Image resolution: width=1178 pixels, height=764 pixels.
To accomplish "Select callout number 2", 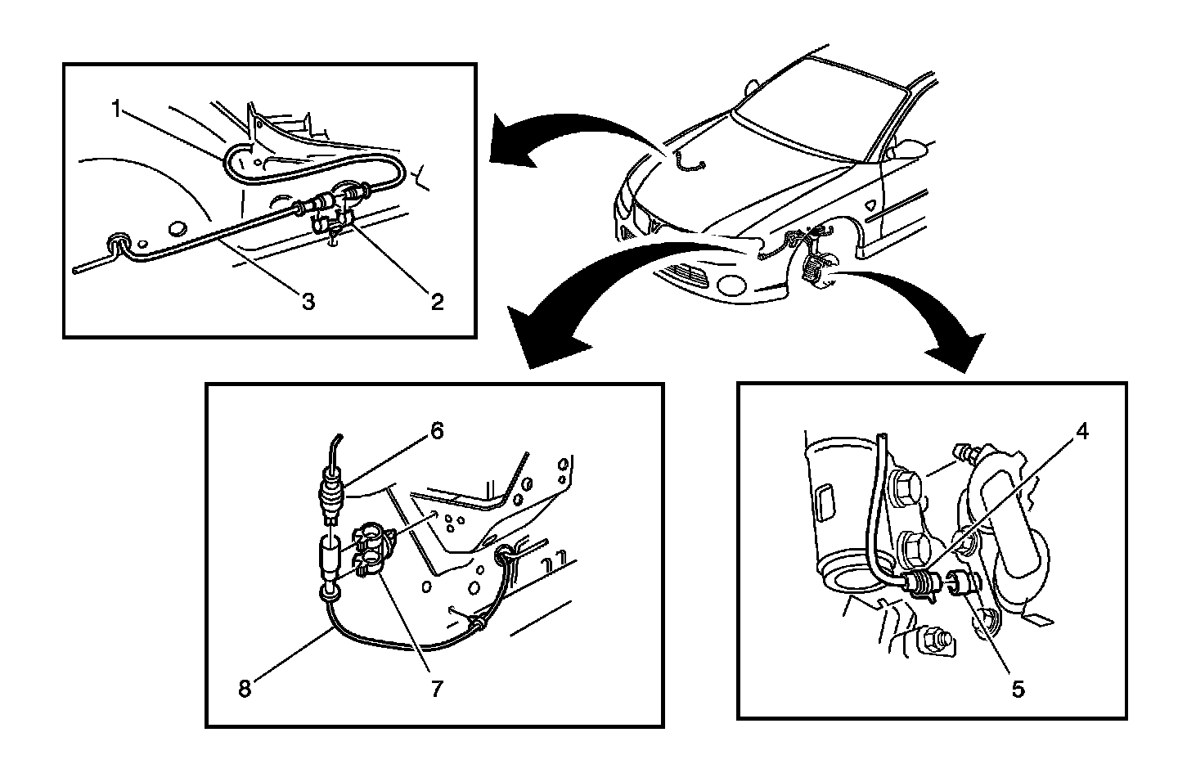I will (x=437, y=302).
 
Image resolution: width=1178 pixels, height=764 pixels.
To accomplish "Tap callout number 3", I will (x=308, y=302).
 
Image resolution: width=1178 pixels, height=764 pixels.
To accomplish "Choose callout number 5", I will (x=1018, y=689).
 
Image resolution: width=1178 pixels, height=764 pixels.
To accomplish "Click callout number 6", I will (x=437, y=430).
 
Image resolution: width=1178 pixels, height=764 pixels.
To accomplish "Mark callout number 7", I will (x=437, y=689).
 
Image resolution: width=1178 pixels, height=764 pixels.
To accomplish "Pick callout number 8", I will (x=245, y=689).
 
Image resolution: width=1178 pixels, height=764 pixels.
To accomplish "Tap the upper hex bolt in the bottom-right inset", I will (x=908, y=488).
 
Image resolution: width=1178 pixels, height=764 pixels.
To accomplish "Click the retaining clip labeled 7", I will (x=370, y=550).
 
